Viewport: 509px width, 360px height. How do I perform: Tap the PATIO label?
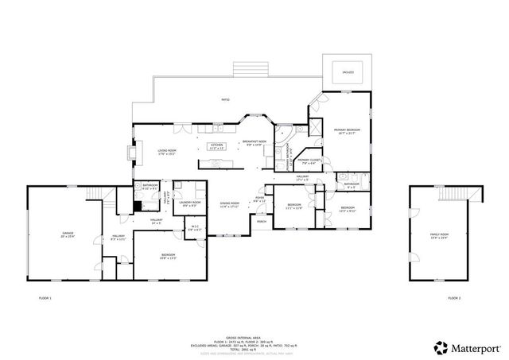(226, 99)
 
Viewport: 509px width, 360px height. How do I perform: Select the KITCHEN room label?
(217, 145)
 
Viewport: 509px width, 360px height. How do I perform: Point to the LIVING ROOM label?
(167, 151)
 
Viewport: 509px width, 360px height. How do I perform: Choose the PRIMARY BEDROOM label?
(347, 130)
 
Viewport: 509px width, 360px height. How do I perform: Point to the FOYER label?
(260, 199)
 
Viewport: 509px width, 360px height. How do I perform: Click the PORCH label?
(261, 223)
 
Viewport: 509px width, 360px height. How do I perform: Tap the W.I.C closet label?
(195, 230)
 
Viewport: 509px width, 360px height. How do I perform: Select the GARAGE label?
(68, 234)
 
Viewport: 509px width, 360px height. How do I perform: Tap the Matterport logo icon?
(440, 347)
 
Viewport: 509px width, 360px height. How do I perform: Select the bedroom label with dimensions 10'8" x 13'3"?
(168, 256)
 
